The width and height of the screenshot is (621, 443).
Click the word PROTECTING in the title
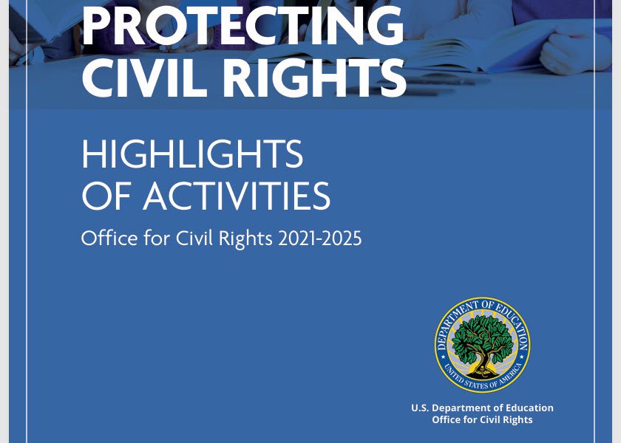[x=242, y=27]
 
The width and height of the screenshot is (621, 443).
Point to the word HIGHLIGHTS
[x=192, y=155]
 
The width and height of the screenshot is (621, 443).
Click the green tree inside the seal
[x=482, y=336]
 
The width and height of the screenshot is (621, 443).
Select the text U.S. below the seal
[x=420, y=408]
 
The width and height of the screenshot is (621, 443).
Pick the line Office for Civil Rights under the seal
[x=482, y=420]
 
